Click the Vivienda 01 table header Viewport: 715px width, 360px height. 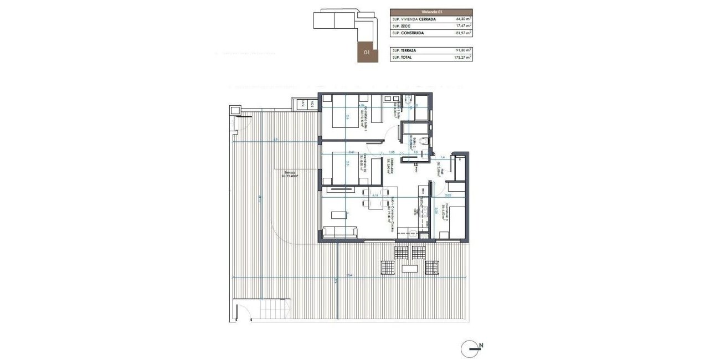pos(431,11)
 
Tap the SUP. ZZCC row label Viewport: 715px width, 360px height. pos(400,25)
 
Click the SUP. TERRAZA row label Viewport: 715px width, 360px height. pos(404,50)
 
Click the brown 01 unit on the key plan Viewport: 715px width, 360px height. pos(366,52)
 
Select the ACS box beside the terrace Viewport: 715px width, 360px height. pos(312,104)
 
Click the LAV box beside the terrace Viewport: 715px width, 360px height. pos(302,104)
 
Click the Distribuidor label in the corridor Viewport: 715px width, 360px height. pos(392,166)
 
